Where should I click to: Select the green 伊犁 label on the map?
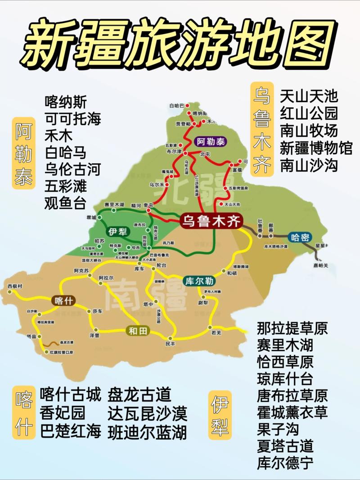click(117, 232)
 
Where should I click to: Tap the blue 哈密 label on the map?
click(300, 238)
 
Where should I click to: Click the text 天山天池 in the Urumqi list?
click(309, 95)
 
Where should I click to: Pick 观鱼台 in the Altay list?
click(65, 203)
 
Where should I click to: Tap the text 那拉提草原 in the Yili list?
click(292, 328)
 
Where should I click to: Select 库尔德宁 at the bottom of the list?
click(285, 463)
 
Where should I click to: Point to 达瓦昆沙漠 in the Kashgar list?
click(147, 413)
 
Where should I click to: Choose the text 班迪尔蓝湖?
click(147, 432)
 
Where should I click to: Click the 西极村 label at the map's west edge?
click(15, 286)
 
